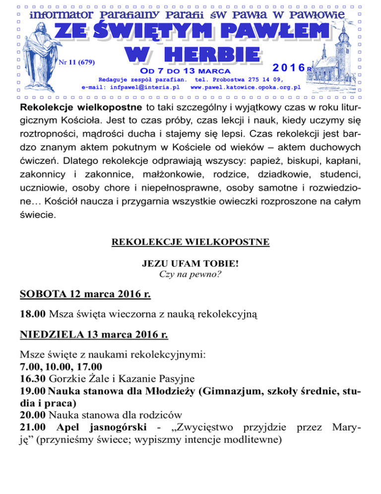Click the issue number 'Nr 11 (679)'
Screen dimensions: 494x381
point(76,62)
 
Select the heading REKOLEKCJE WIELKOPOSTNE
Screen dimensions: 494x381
point(190,242)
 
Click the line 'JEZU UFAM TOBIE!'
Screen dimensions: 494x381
point(190,264)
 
